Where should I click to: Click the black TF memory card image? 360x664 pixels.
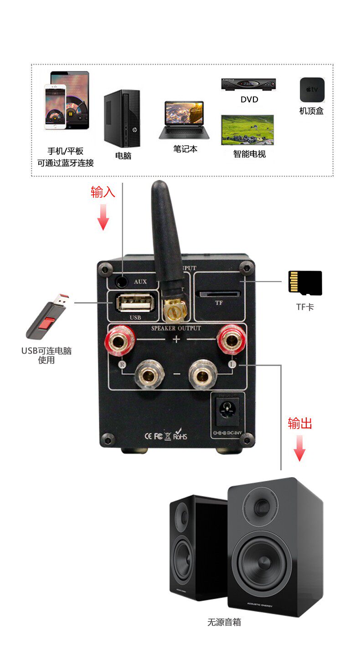pos(305,283)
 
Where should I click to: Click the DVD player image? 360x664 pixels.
pos(248,85)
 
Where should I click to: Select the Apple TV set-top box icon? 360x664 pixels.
pos(312,90)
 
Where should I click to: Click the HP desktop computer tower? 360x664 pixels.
pos(122,117)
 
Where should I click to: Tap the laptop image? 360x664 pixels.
pos(185,120)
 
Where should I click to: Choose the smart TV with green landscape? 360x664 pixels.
pos(247,129)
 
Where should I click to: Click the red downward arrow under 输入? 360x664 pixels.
pos(103,217)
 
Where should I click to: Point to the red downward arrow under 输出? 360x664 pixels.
pos(299,448)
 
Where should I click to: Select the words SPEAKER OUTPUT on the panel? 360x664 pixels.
pos(176,328)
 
